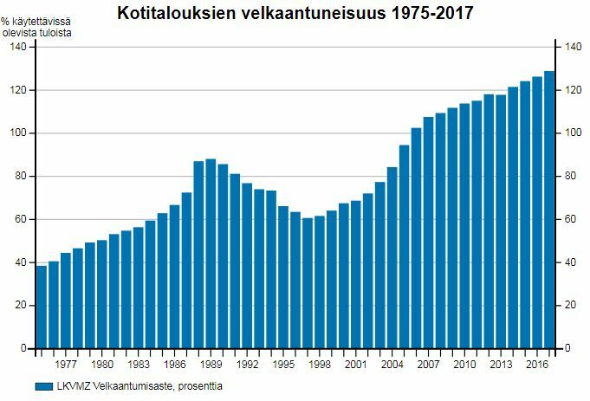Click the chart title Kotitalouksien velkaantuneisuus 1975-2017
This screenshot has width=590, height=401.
click(295, 14)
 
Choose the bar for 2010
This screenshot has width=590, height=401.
click(464, 226)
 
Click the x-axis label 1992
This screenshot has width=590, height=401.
click(247, 365)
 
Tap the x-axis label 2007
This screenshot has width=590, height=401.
click(428, 365)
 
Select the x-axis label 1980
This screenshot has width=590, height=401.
click(102, 365)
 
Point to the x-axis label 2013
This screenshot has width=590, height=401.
click(501, 365)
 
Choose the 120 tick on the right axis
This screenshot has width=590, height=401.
click(571, 90)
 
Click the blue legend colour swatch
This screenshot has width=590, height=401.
click(42, 386)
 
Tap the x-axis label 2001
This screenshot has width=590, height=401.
click(356, 365)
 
